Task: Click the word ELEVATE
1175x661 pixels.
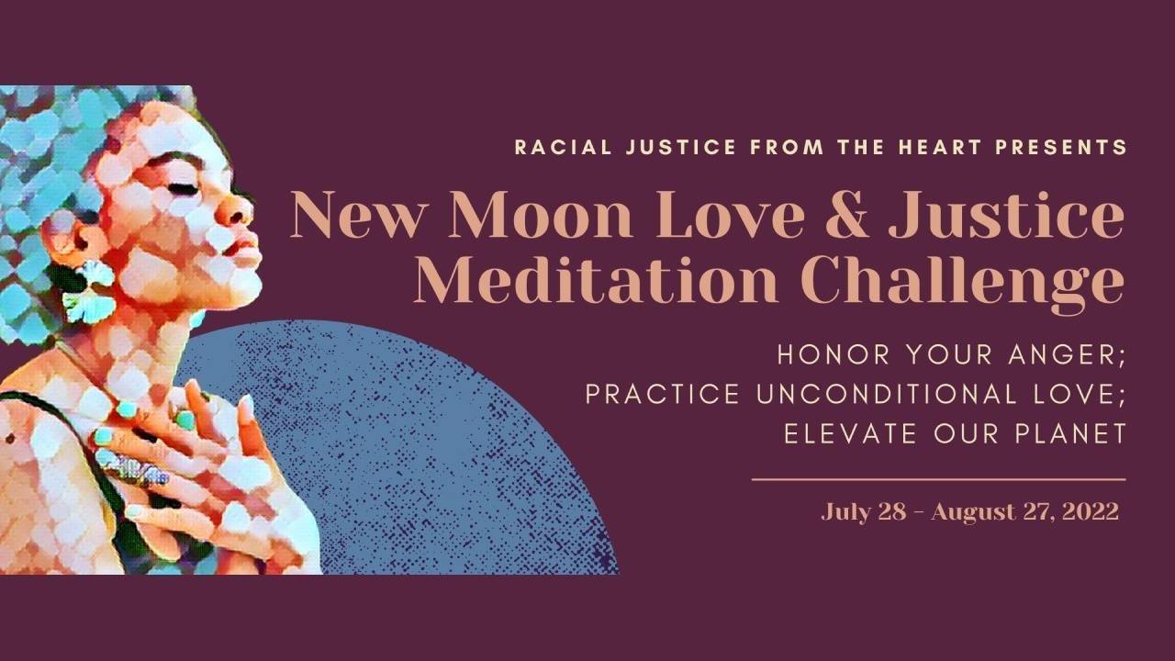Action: click(x=845, y=433)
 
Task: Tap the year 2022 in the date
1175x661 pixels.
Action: click(x=1090, y=511)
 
